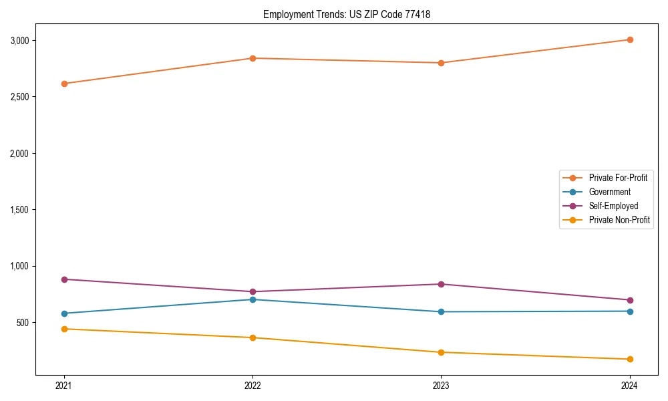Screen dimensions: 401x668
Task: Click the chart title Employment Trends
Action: coord(347,14)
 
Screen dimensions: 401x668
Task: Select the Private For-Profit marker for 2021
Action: coord(64,84)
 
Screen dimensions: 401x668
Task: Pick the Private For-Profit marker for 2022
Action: coord(253,58)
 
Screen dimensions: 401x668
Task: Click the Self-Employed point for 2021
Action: coord(64,279)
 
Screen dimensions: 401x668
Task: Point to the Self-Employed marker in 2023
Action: coord(441,284)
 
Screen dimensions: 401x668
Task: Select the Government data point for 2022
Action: coord(253,299)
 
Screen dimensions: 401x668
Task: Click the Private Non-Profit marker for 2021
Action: coord(64,329)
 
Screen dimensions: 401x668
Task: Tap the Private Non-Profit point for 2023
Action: coord(441,352)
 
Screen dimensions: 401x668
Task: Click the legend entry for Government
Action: coord(609,192)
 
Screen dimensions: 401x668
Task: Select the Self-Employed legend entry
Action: coord(613,206)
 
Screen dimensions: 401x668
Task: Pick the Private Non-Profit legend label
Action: coord(619,220)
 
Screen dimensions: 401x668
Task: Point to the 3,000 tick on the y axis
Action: coord(20,41)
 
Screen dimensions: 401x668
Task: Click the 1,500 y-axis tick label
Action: coord(20,210)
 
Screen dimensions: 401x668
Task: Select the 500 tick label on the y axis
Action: coord(23,323)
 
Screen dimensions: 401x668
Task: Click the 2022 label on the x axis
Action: coord(253,385)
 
